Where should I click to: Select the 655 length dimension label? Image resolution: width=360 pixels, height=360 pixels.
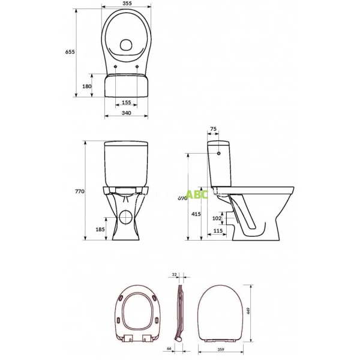click(70, 53)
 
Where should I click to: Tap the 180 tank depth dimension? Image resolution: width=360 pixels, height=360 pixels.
click(86, 86)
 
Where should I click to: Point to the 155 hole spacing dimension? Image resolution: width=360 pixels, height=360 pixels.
click(125, 103)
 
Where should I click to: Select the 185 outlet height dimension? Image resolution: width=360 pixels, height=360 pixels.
click(99, 229)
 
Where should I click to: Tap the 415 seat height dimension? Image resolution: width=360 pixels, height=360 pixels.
click(196, 214)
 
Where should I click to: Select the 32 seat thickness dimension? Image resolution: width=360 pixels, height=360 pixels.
click(175, 275)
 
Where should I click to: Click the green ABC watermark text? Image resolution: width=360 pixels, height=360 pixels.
click(196, 194)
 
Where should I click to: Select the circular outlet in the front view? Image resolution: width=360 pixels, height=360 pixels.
click(126, 217)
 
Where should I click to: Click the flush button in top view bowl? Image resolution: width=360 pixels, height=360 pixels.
click(126, 44)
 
